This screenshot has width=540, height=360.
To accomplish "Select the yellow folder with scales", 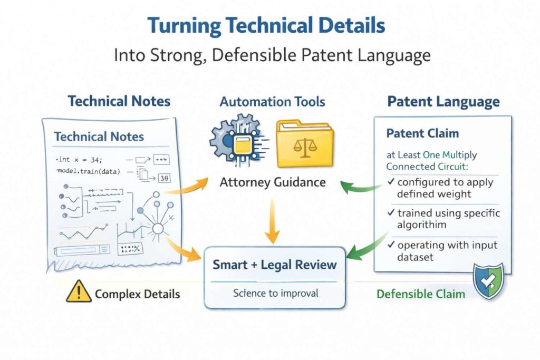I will (x=304, y=142).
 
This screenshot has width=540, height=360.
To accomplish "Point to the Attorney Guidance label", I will (x=273, y=182).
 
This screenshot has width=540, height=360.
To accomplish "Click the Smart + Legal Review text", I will (x=274, y=264).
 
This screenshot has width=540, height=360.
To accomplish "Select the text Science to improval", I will (x=275, y=292).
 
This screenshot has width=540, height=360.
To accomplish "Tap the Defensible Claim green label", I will (x=421, y=293).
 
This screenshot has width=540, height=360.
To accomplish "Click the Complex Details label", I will (x=137, y=294).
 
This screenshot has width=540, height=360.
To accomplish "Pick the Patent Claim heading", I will (x=422, y=133).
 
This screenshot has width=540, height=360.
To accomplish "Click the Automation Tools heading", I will (x=272, y=101).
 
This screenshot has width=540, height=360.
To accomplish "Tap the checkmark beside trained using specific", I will (x=391, y=214).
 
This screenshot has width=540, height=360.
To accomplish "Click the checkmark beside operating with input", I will (x=391, y=245).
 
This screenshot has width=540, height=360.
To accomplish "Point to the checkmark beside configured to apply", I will (x=391, y=182).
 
